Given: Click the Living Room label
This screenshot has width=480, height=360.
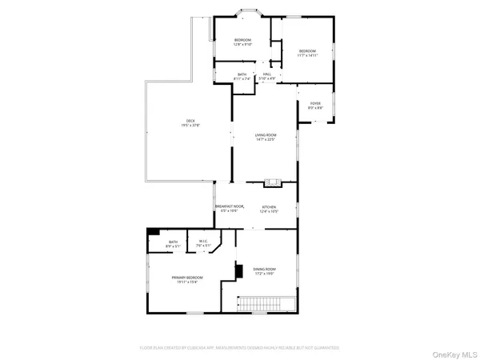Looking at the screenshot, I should point(265,134).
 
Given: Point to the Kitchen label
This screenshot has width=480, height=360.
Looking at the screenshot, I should point(269,207).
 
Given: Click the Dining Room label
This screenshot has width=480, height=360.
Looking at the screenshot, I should point(264,269).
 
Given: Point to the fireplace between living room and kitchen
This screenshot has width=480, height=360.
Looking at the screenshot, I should point(273,182).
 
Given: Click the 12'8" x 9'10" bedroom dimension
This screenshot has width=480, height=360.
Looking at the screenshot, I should point(242,45).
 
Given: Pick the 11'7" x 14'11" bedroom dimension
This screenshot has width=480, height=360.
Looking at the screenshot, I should point(307,55).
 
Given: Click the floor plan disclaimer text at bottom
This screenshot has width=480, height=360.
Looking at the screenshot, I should point(240,348).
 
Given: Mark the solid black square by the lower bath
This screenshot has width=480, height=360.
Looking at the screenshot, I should point(151,233).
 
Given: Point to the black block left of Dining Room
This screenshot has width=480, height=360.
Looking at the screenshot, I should point(238,270).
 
